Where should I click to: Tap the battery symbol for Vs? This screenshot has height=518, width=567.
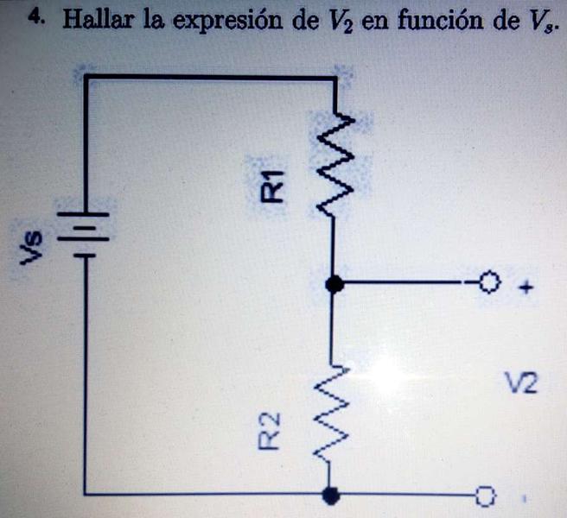[84, 232]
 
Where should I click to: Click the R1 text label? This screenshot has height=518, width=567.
[274, 186]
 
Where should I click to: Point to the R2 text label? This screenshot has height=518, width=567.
[271, 430]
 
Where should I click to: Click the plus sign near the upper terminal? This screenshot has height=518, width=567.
[524, 288]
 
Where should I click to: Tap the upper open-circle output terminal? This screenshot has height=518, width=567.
[488, 282]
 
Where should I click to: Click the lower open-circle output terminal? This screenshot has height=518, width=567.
[486, 496]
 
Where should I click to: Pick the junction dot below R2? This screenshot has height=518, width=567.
[329, 495]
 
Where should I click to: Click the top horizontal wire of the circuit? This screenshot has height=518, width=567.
[207, 79]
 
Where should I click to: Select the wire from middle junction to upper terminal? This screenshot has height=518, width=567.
[406, 282]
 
